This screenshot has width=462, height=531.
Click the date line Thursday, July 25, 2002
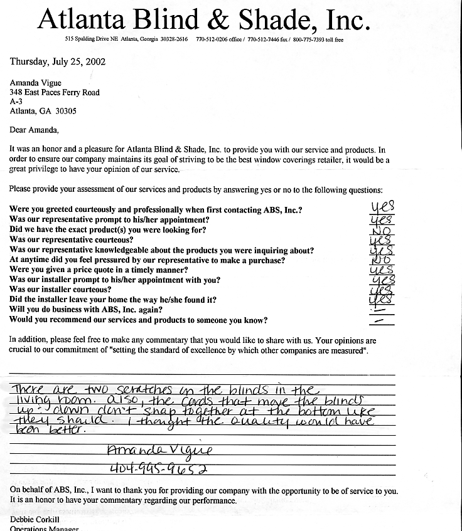click(57, 61)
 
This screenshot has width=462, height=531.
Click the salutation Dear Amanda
click(34, 130)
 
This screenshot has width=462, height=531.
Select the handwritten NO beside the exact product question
click(382, 230)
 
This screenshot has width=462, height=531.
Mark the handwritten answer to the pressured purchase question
click(381, 259)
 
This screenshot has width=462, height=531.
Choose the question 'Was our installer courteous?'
click(61, 290)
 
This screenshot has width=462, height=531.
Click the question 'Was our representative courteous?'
click(71, 240)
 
